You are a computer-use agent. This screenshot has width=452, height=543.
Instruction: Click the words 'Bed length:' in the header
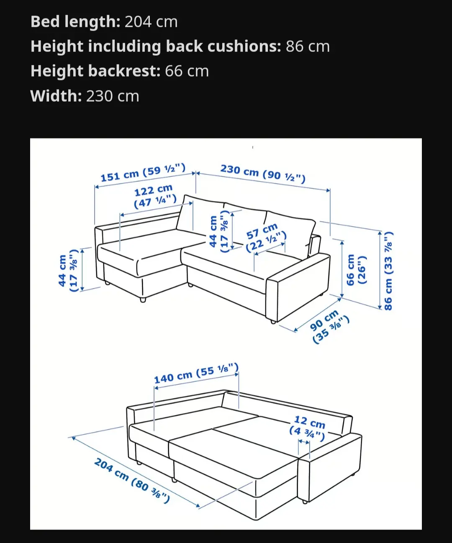pos(75,22)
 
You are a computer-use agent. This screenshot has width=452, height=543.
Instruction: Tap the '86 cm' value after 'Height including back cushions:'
pos(308,46)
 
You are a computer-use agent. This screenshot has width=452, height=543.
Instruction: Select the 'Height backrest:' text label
pos(95,71)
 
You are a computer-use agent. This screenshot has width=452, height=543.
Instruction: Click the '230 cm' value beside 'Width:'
pos(113,96)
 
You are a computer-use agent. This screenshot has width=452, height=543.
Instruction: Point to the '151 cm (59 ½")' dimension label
pos(143,172)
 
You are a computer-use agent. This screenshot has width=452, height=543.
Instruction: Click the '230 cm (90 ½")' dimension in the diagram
pos(263,174)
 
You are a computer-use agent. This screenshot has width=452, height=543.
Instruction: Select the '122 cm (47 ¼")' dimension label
pos(155,196)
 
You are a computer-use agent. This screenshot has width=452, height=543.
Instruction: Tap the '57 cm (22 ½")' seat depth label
pos(266,238)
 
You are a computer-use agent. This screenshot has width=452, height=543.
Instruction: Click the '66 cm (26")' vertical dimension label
pos(356,270)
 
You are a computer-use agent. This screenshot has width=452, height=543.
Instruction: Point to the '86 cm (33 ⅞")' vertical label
pos(388,271)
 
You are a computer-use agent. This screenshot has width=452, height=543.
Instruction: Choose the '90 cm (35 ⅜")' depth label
pos(330,326)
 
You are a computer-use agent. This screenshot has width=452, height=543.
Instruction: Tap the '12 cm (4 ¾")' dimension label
pos(308,428)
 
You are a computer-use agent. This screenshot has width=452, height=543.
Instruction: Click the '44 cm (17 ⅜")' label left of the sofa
pos(68,271)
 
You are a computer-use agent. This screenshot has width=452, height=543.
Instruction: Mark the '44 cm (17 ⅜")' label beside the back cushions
pos(219,231)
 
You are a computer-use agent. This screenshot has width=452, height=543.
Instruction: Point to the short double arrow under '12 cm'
pos(304,442)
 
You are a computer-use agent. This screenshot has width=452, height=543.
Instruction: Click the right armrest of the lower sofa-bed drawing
pos(329,466)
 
